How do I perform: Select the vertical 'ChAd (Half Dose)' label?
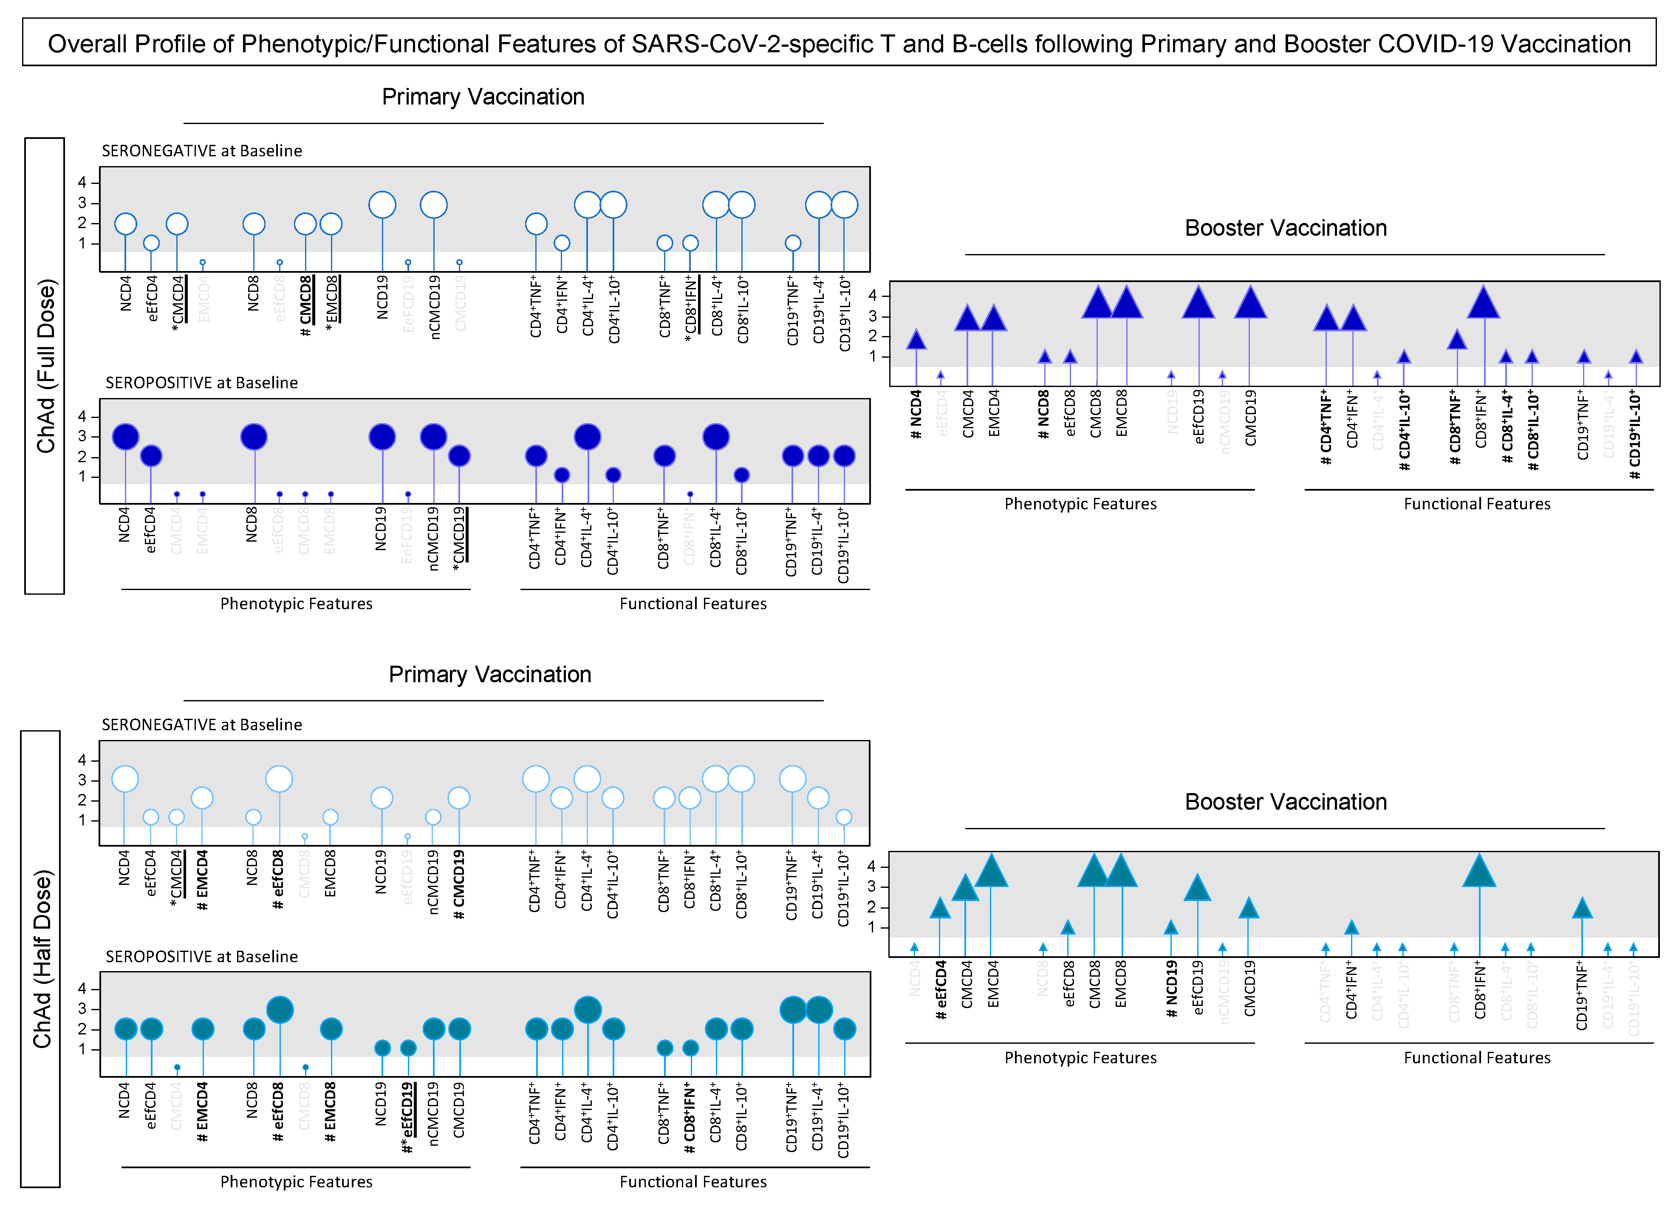point(42,959)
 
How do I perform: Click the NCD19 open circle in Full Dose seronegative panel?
point(382,205)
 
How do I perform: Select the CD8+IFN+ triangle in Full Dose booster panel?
point(1484,304)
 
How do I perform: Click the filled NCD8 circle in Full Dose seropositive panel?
point(254,437)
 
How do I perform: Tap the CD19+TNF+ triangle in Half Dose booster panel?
point(1582,909)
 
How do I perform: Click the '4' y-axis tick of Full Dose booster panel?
point(873,295)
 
